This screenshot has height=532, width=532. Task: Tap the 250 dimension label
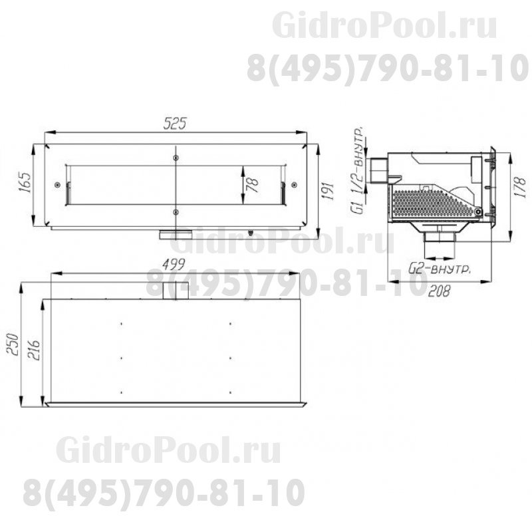[11, 344]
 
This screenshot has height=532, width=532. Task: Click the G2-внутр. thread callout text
[440, 269]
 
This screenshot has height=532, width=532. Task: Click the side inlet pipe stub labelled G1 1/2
[380, 170]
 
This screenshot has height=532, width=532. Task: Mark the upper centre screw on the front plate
[175, 157]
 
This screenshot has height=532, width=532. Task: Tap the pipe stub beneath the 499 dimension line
[175, 289]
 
